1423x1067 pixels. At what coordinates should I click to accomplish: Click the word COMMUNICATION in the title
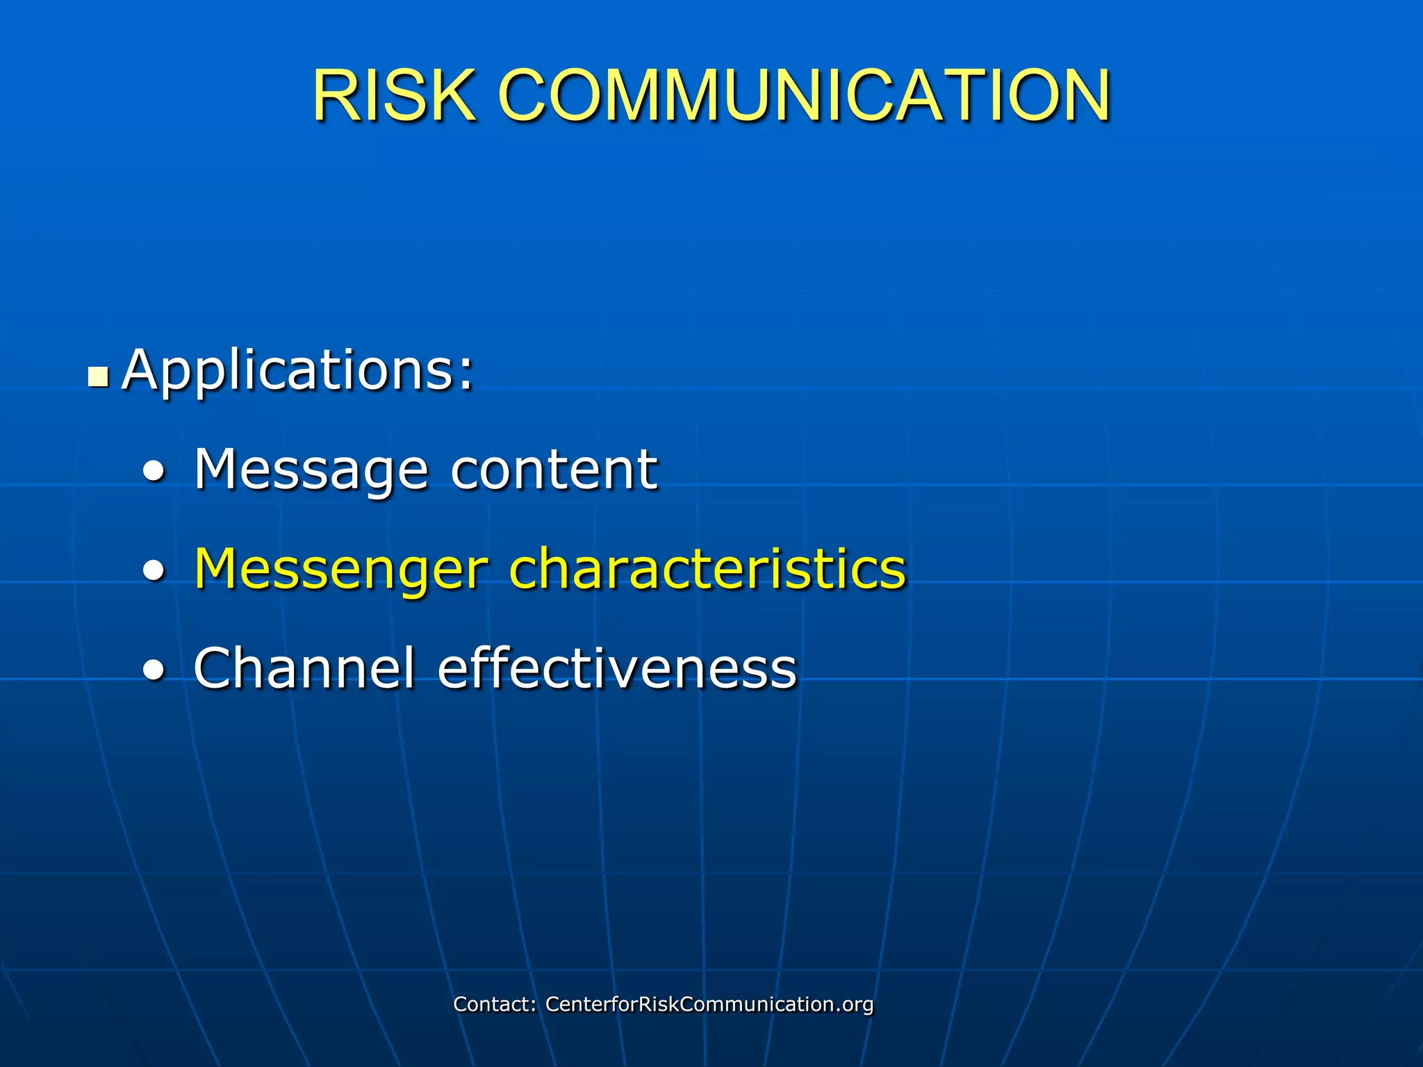[x=804, y=95]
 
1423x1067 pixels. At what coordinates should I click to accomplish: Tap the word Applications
[x=288, y=370]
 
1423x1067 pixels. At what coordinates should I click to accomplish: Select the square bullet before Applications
[x=99, y=377]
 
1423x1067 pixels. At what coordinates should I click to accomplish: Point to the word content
[x=554, y=470]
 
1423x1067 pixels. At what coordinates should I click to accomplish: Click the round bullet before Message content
[x=154, y=472]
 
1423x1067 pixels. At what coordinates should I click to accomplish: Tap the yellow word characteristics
[x=707, y=568]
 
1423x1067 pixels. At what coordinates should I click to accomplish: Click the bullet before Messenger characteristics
[x=154, y=571]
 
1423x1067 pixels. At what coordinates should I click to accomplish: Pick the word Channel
[x=304, y=668]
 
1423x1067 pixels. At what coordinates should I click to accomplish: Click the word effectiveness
[x=617, y=668]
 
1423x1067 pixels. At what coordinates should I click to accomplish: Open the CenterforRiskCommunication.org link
[x=709, y=1004]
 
